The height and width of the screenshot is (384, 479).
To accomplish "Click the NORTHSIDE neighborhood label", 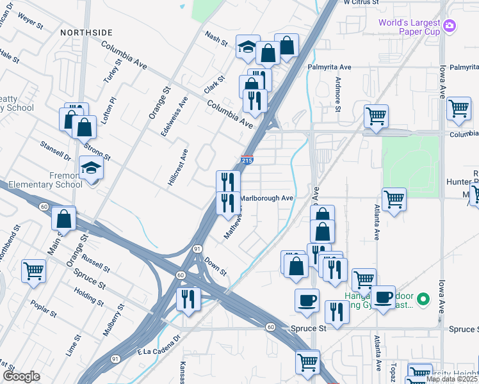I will (x=86, y=32).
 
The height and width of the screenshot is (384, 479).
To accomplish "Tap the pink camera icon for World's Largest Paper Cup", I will (x=450, y=25).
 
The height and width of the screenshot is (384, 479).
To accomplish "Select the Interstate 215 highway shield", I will (x=247, y=160).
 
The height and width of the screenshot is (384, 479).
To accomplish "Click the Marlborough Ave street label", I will (x=266, y=198).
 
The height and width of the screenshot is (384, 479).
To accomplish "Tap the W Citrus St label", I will (x=362, y=3).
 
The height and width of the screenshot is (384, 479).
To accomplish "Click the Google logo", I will (x=21, y=376).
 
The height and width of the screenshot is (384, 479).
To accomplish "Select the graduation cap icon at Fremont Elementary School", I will (x=92, y=169).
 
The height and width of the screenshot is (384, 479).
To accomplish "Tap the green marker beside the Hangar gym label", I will (x=423, y=299).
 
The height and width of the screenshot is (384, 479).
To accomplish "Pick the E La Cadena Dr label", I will (x=160, y=349).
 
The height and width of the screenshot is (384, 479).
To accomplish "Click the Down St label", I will (x=216, y=266).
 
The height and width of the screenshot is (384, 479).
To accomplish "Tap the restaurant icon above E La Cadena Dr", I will (x=188, y=300).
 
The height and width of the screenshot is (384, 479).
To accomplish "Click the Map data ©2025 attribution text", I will (x=452, y=379).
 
